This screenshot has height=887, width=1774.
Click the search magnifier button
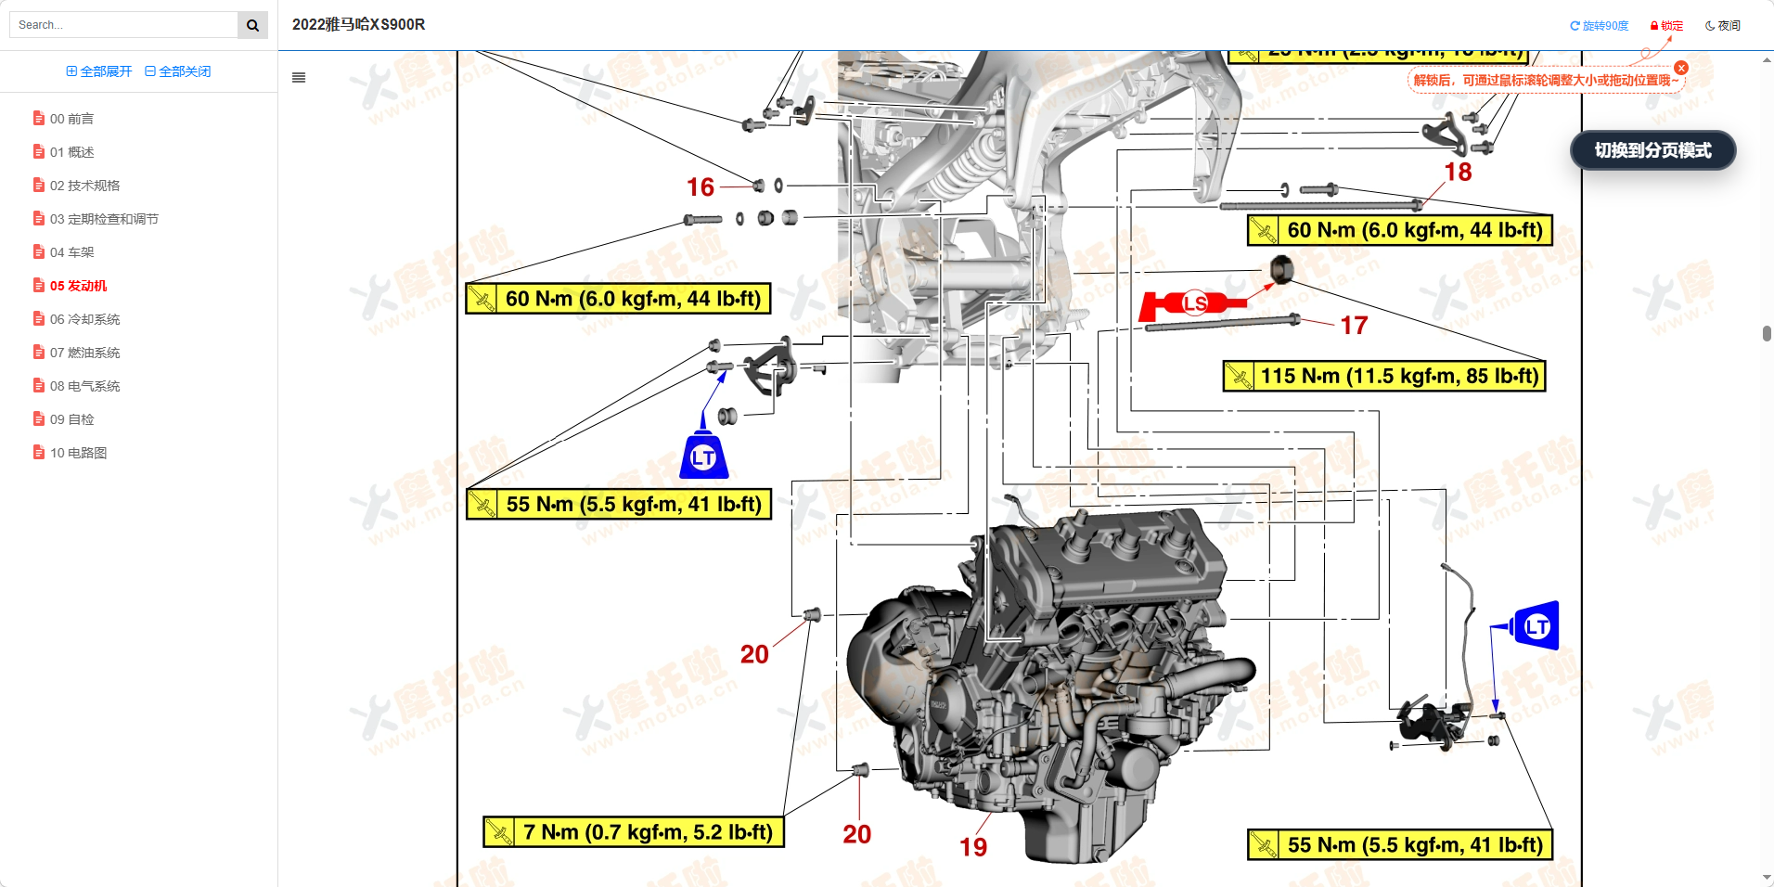[252, 25]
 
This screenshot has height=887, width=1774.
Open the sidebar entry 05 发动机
[78, 286]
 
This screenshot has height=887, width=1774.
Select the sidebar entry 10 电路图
[78, 453]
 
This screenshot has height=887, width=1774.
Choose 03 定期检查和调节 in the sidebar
[103, 219]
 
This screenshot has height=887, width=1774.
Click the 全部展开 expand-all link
[99, 71]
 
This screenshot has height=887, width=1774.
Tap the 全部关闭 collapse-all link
[178, 71]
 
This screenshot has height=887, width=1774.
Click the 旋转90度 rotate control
[1599, 26]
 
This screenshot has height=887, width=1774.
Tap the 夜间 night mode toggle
[1722, 26]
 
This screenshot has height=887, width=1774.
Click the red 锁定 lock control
[1666, 26]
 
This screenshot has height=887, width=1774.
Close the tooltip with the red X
[1681, 68]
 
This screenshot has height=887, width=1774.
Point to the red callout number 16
[701, 187]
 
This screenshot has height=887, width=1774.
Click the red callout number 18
[1458, 173]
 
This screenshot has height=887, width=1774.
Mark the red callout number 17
[1354, 326]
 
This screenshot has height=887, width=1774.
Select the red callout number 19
[973, 847]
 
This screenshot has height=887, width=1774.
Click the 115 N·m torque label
[1384, 376]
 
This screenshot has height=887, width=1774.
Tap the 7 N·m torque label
[634, 832]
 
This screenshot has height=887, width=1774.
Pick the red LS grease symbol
[1193, 303]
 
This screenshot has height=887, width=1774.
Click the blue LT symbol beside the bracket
[703, 456]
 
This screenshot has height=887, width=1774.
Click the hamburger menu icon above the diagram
[299, 78]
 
